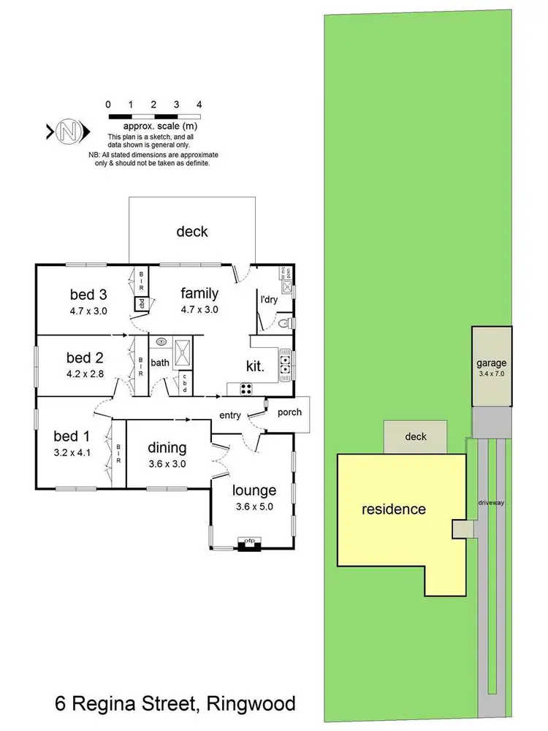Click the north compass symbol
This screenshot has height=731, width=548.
pyautogui.click(x=69, y=132)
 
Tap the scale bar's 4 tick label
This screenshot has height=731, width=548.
pyautogui.click(x=199, y=104)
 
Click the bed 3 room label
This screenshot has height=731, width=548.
pyautogui.click(x=88, y=295)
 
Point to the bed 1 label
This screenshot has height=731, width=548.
pyautogui.click(x=72, y=436)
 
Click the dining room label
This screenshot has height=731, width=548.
pyautogui.click(x=167, y=447)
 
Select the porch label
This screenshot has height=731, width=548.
pyautogui.click(x=289, y=412)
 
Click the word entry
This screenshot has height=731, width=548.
pyautogui.click(x=230, y=415)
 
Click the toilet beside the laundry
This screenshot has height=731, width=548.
pyautogui.click(x=287, y=322)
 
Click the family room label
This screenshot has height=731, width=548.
pyautogui.click(x=199, y=294)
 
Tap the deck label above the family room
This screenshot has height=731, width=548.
pyautogui.click(x=192, y=232)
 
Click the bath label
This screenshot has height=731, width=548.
pyautogui.click(x=160, y=362)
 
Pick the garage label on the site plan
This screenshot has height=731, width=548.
pyautogui.click(x=491, y=363)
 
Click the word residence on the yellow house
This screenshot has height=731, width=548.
pyautogui.click(x=394, y=509)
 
